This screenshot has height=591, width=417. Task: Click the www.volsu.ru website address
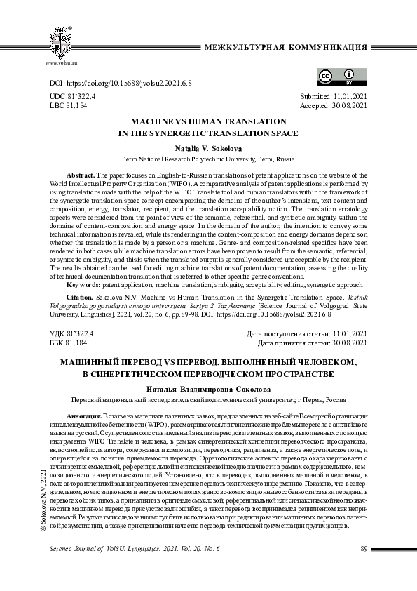(61, 63)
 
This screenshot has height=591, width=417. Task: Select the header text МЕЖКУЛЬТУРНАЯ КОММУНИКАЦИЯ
(285, 47)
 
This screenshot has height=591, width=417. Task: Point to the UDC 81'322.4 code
(73, 96)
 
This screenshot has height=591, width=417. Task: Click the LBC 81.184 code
(69, 106)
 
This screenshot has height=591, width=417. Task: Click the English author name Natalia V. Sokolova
(208, 149)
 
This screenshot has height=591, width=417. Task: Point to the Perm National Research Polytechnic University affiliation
(208, 159)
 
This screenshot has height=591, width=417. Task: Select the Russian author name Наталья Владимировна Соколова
(208, 390)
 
